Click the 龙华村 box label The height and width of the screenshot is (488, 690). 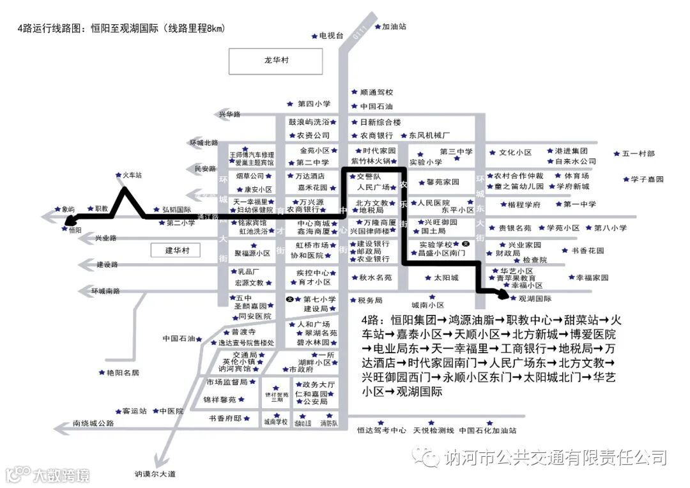[276, 61]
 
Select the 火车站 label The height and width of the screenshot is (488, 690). [132, 174]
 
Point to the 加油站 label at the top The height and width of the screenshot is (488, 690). [394, 27]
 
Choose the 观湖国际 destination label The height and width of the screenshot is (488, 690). [535, 298]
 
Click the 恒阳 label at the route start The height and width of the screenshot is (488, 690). [75, 230]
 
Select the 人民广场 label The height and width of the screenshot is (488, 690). [373, 187]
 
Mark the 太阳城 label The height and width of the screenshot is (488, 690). [446, 278]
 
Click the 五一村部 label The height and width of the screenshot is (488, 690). [638, 154]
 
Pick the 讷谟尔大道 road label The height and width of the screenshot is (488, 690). [155, 474]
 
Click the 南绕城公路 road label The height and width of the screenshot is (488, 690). [93, 423]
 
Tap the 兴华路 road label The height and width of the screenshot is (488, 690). [229, 114]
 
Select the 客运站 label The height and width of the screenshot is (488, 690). [135, 411]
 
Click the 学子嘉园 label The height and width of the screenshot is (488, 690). [647, 179]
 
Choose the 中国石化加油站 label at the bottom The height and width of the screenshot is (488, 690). [487, 431]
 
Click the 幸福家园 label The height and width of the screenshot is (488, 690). [592, 278]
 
